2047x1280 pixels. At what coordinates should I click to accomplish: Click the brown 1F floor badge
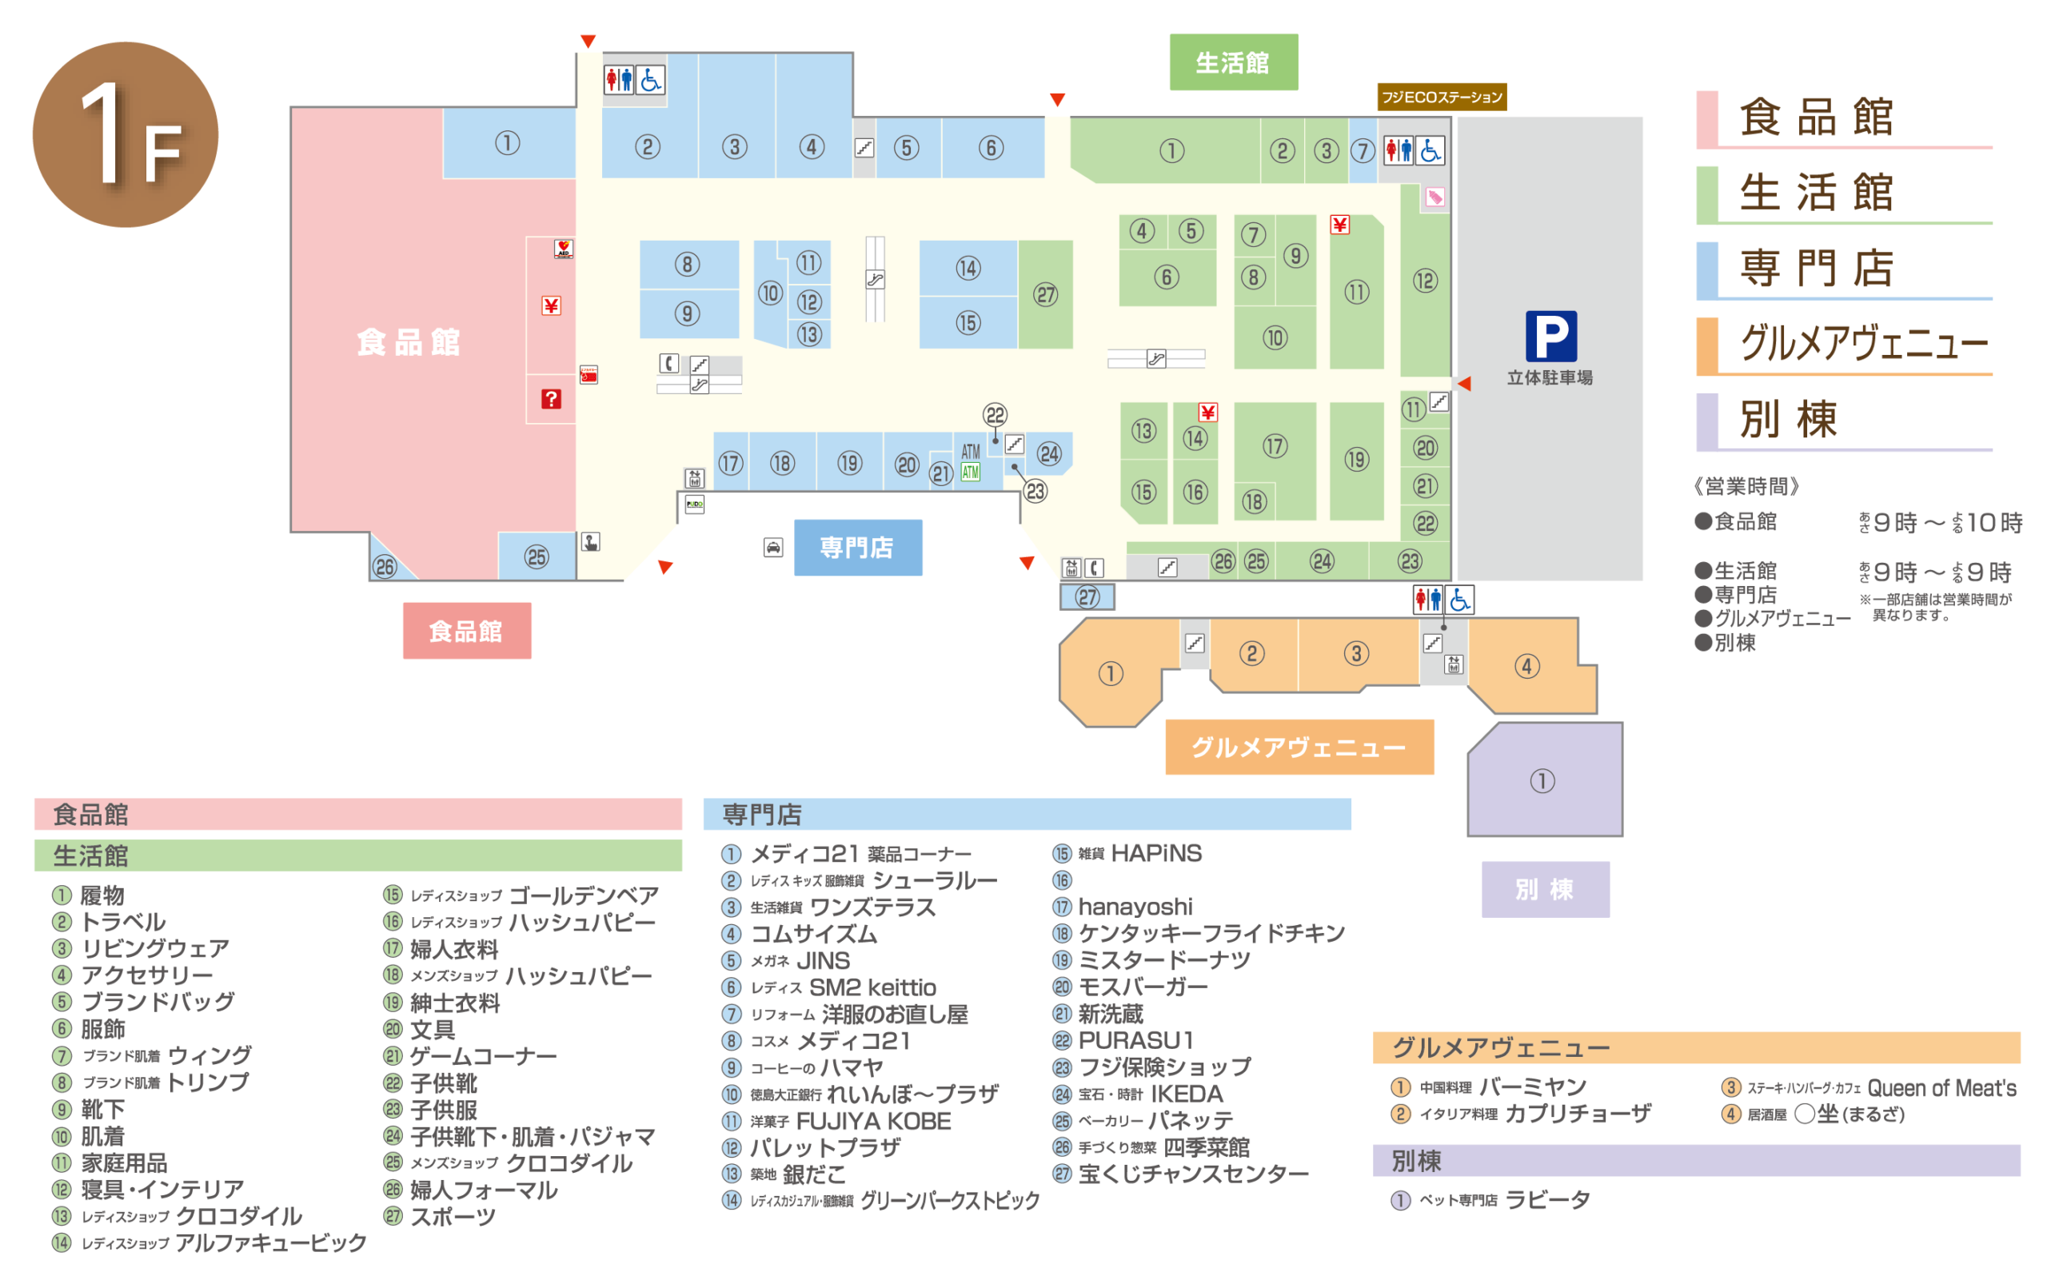click(126, 134)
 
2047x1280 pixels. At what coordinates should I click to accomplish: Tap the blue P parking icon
click(1550, 336)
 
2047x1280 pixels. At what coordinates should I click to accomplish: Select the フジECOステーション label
click(1441, 98)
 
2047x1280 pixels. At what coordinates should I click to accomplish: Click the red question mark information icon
click(551, 399)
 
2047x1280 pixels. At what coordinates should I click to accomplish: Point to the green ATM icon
click(970, 473)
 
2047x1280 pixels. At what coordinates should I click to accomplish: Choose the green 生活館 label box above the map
click(1233, 62)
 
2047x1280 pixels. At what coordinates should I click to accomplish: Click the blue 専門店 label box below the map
click(857, 548)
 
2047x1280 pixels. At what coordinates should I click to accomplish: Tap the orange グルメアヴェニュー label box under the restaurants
click(1299, 748)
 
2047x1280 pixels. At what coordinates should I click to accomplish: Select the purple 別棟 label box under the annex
click(1545, 889)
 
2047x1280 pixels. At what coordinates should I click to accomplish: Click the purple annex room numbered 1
click(1542, 780)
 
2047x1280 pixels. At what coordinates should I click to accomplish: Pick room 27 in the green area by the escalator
click(1046, 294)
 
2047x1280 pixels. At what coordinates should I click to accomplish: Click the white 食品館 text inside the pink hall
click(409, 343)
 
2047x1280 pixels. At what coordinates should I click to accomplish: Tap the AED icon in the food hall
click(563, 248)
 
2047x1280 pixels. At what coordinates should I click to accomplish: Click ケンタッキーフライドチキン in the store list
click(1211, 933)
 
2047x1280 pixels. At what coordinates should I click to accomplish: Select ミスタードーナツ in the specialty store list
click(1164, 960)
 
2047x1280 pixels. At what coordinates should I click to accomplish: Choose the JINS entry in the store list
click(823, 961)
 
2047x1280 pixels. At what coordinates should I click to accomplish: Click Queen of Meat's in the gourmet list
click(1941, 1088)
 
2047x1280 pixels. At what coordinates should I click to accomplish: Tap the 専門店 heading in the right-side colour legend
click(1816, 269)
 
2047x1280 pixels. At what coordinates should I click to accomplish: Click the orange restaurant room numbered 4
click(1527, 666)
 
